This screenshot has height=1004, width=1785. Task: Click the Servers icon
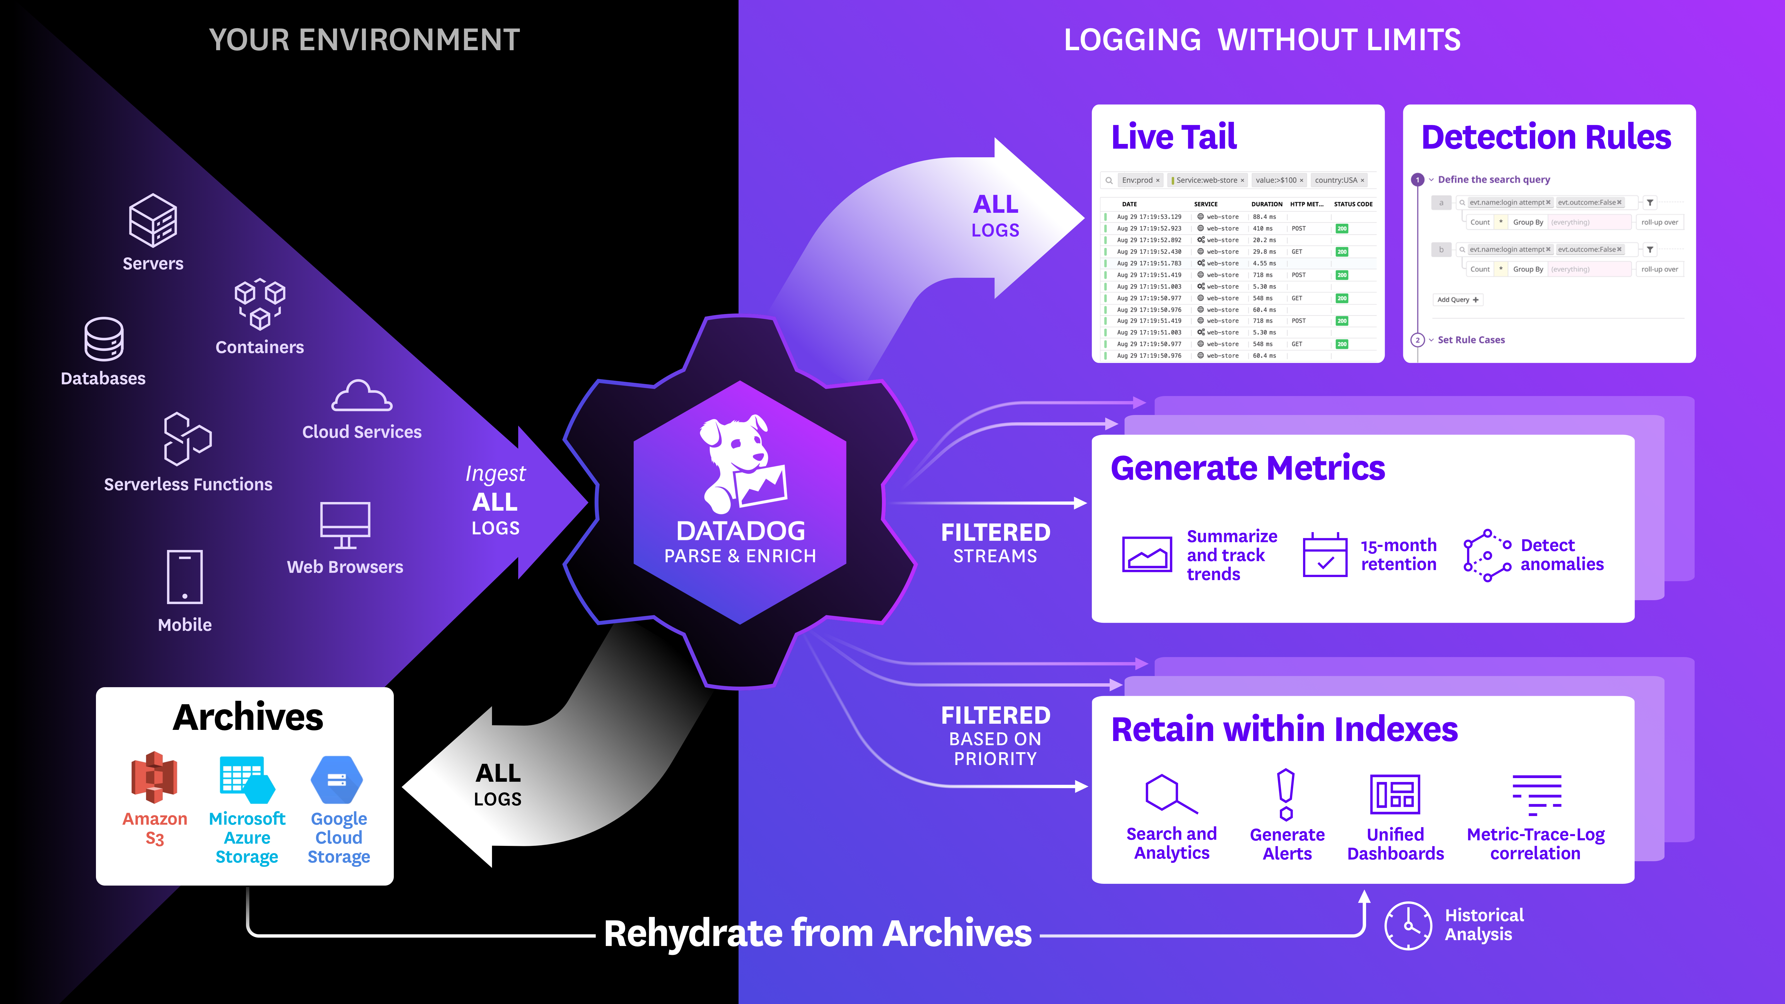click(153, 220)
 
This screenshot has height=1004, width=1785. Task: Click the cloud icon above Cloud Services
click(362, 396)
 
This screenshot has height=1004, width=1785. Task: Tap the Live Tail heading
click(1174, 136)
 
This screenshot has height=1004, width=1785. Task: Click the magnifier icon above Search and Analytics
click(1170, 794)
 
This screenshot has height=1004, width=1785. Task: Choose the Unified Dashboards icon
click(1395, 794)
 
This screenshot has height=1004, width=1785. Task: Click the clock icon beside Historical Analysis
click(1407, 926)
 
